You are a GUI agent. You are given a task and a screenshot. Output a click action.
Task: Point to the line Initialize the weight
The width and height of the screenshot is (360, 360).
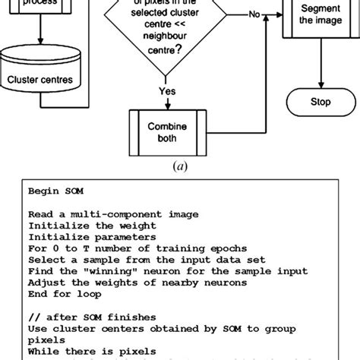(x=80, y=226)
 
